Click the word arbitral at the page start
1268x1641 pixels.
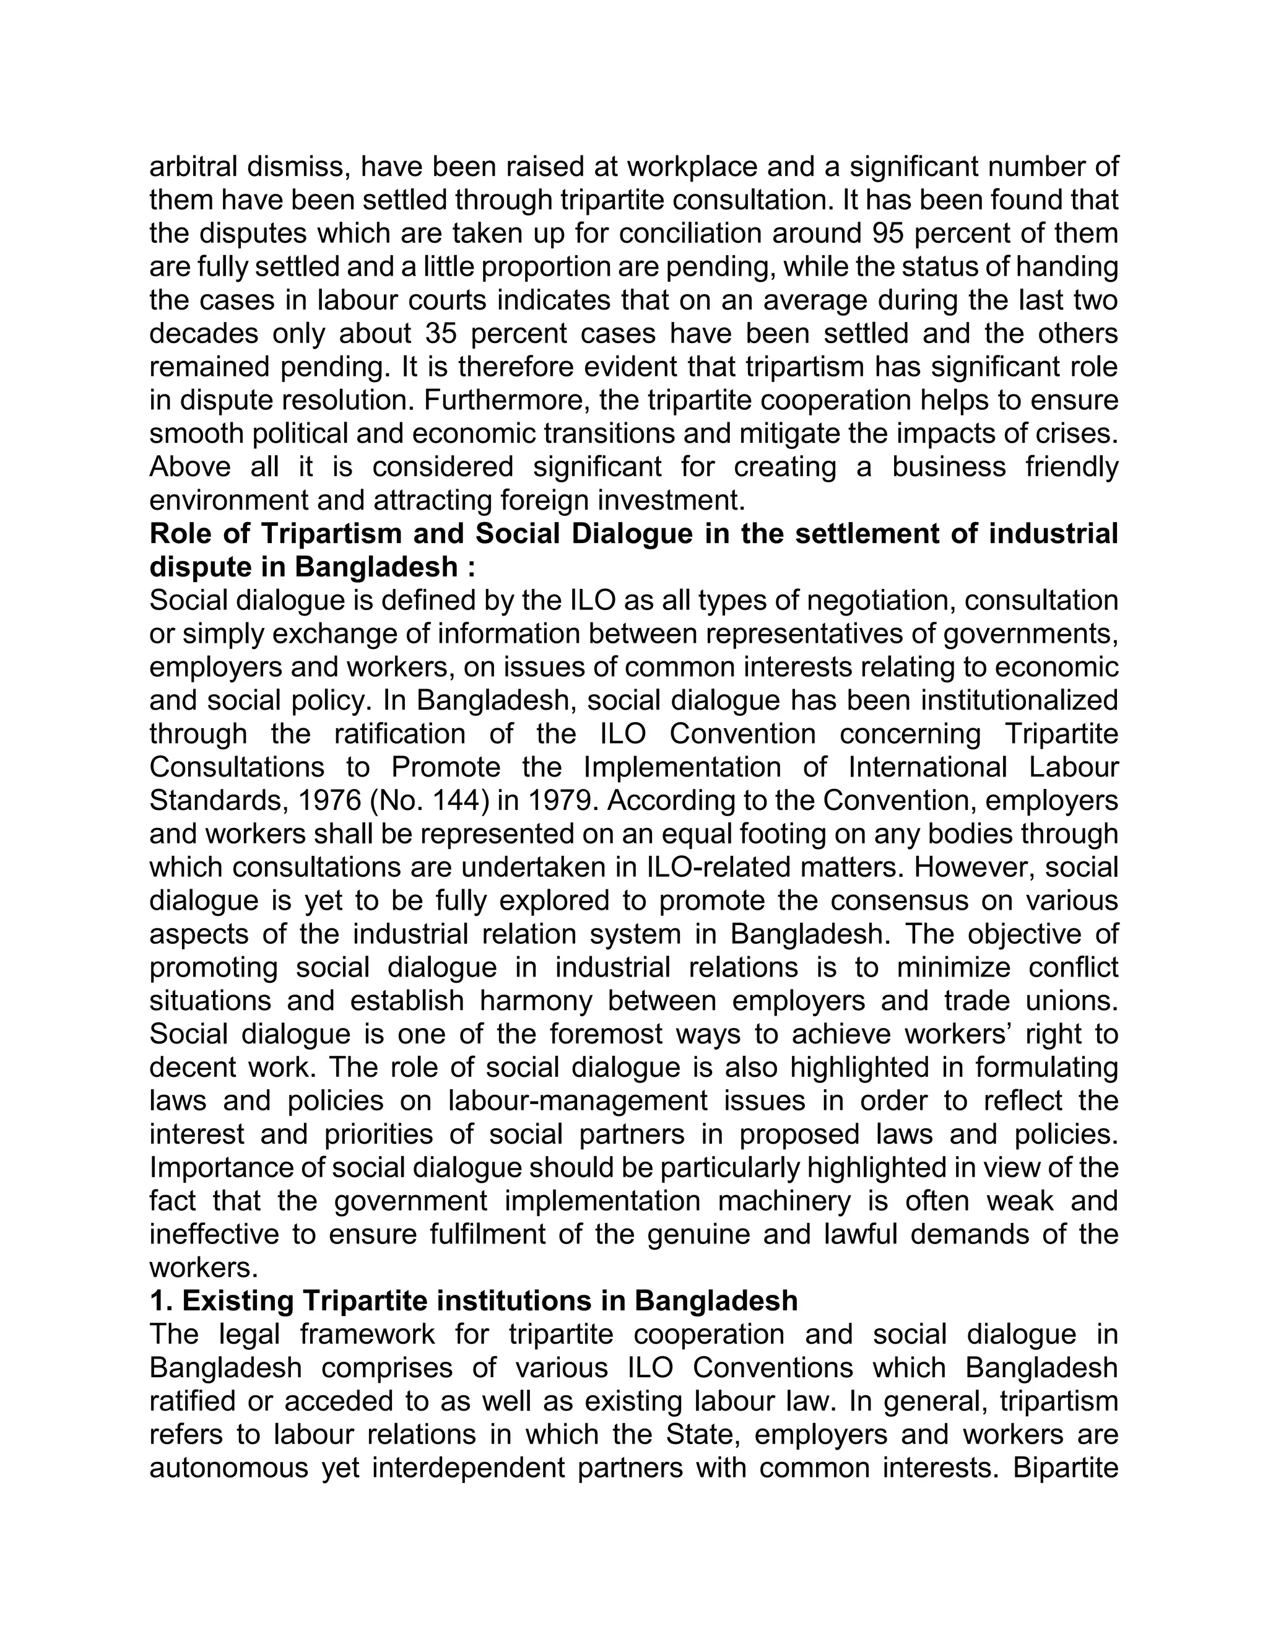pyautogui.click(x=193, y=167)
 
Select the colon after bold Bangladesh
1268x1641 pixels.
pyautogui.click(x=471, y=567)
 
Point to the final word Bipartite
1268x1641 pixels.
pyautogui.click(x=1065, y=1468)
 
